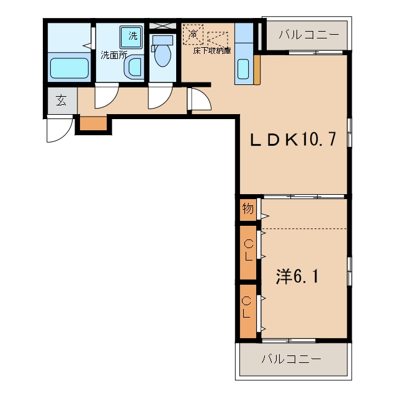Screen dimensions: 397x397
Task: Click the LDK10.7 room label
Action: [293, 139]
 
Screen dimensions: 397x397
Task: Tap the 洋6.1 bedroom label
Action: [297, 276]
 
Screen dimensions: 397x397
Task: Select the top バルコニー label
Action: [309, 35]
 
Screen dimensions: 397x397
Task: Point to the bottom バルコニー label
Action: [292, 359]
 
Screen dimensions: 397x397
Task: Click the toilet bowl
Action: [163, 51]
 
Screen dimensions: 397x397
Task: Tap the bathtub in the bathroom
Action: [69, 68]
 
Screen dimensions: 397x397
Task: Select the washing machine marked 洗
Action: [131, 37]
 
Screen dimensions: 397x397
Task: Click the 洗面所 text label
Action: [114, 55]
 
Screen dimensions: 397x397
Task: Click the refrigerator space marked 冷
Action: [193, 34]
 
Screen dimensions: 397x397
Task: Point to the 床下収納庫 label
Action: [212, 51]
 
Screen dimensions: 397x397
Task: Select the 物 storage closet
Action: [248, 210]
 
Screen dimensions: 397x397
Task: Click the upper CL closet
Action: [248, 252]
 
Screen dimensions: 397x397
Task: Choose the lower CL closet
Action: [248, 311]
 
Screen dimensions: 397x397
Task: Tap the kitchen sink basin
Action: [243, 69]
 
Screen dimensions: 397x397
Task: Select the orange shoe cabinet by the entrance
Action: [93, 123]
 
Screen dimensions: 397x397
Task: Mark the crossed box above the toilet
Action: [163, 25]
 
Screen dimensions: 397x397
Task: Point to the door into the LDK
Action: [200, 99]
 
